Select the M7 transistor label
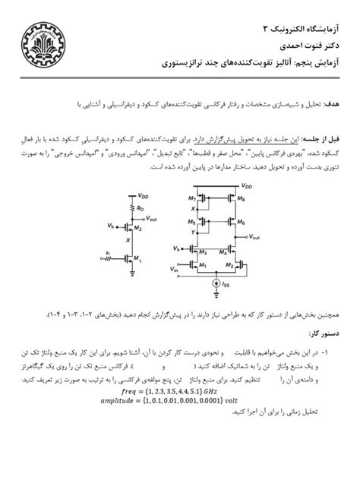(192, 199)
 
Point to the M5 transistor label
(192, 221)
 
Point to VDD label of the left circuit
(144, 195)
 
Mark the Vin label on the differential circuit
(175, 269)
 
